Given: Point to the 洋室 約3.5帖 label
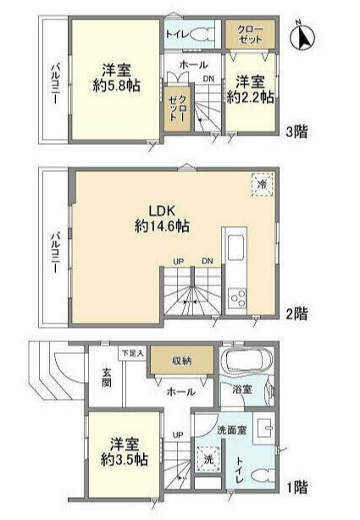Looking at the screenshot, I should point(128,452).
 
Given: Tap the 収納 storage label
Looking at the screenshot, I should point(180,360).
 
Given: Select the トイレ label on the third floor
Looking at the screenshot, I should point(177,35).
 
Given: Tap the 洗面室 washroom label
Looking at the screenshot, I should point(229,430).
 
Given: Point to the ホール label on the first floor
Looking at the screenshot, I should point(180,391).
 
